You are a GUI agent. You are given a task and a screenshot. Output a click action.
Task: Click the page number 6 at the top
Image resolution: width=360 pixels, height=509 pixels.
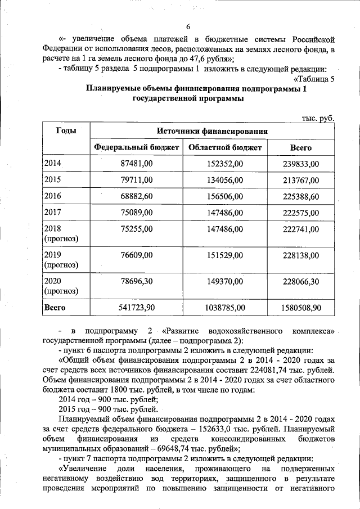tap(188, 27)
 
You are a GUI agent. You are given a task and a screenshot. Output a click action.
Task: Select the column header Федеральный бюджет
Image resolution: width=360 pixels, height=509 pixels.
tap(137, 148)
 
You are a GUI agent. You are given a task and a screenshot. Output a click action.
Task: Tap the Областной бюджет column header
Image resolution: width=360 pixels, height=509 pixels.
tap(225, 148)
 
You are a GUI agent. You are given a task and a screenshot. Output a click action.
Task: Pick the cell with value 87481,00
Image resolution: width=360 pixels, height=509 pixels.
tap(137, 164)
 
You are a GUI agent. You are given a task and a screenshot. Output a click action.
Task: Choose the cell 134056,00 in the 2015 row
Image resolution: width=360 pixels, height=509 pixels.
tap(225, 180)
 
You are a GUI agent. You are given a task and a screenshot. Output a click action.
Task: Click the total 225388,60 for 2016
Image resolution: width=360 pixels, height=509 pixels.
tap(300, 196)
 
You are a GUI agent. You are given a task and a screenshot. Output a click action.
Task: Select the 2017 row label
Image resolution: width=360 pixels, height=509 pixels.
tap(53, 213)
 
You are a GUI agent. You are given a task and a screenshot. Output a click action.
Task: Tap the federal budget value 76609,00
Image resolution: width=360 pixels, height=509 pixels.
tap(137, 255)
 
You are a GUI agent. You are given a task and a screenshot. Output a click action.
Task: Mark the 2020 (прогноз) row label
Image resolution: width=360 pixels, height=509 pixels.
tap(61, 286)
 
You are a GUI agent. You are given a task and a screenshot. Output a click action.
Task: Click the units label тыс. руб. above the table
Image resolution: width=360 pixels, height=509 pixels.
tap(318, 118)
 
